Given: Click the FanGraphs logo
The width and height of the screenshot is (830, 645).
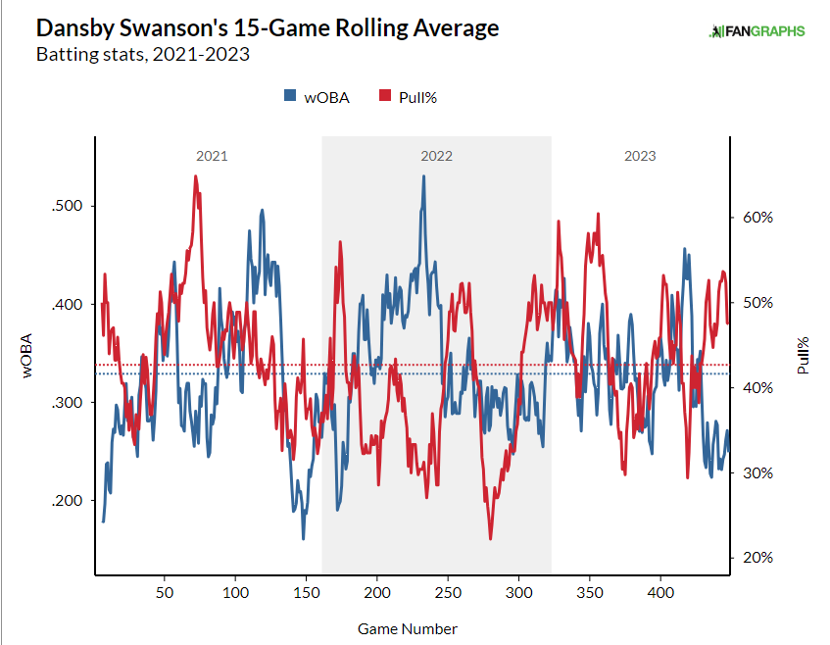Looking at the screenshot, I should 757,30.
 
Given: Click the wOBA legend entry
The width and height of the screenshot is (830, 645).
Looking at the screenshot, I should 317,96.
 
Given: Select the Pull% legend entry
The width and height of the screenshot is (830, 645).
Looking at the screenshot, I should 411,96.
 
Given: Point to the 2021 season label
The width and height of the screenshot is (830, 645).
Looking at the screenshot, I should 212,156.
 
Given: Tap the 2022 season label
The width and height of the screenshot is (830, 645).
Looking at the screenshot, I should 437,156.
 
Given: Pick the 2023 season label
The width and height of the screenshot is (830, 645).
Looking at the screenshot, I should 640,156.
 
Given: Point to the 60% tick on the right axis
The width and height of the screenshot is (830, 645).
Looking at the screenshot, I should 757,218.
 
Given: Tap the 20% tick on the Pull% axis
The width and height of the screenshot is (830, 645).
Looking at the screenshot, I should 757,558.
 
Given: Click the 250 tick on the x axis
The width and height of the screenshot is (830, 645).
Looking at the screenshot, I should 448,594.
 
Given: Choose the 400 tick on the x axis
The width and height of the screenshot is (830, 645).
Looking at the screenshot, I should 660,594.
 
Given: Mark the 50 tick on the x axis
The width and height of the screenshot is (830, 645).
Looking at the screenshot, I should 165,594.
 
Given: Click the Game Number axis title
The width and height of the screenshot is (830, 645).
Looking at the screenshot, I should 408,628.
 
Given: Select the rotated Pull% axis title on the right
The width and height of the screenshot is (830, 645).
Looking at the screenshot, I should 804,356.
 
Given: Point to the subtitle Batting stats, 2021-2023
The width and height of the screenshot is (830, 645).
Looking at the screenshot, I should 143,54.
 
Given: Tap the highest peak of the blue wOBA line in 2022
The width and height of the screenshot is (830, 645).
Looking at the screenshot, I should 423,176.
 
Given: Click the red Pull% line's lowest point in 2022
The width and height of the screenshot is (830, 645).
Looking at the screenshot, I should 490,538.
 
